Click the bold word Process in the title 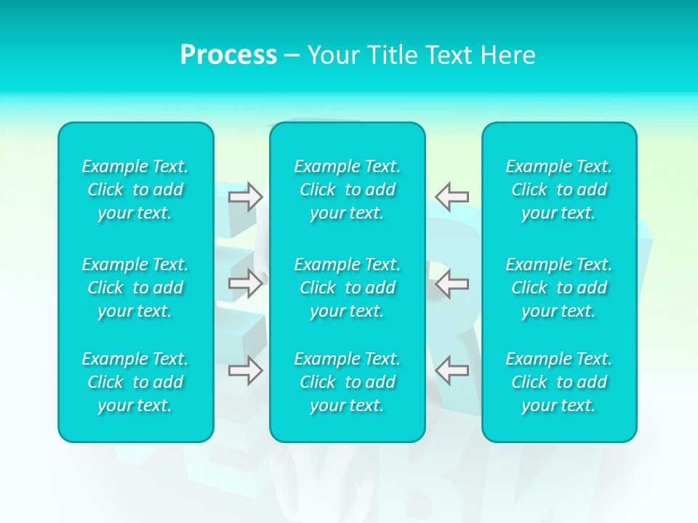228,55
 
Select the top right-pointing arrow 246,196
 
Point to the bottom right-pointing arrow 246,370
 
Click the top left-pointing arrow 452,196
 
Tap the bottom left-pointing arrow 452,370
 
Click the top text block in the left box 135,190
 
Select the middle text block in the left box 135,288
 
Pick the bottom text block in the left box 135,382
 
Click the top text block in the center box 348,190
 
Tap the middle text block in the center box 348,288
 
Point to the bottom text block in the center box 348,382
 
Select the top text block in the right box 559,190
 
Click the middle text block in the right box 559,288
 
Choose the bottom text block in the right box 559,382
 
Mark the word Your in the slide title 333,55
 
